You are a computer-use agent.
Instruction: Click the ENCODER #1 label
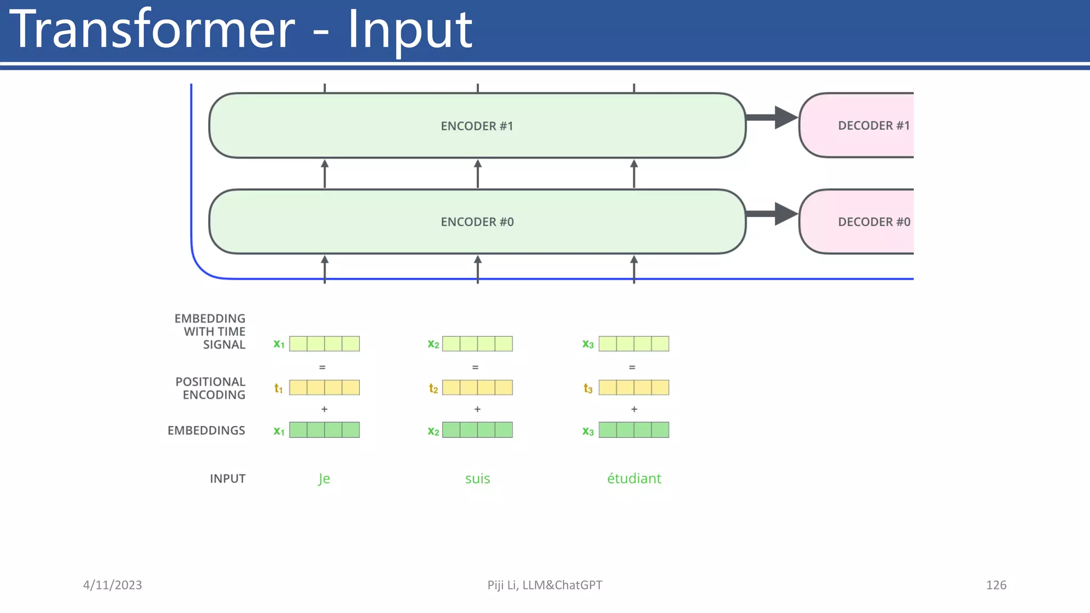click(477, 126)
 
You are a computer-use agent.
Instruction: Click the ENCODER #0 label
click(477, 222)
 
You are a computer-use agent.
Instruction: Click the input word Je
click(324, 478)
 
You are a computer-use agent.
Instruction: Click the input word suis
click(477, 478)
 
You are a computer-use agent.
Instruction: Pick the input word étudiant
click(634, 478)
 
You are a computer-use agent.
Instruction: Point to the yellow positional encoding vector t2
click(477, 387)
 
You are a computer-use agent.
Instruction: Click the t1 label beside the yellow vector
click(278, 388)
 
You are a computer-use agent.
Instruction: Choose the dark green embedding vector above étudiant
click(634, 430)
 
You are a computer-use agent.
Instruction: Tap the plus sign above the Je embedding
click(324, 409)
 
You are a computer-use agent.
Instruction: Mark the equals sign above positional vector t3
click(632, 367)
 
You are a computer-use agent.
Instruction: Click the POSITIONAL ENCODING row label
click(211, 388)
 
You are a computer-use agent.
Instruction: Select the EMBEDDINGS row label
click(207, 430)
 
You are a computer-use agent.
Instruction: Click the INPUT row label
click(227, 478)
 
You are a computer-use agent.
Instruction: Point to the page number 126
click(996, 585)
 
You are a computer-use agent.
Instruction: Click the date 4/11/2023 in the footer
click(112, 585)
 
